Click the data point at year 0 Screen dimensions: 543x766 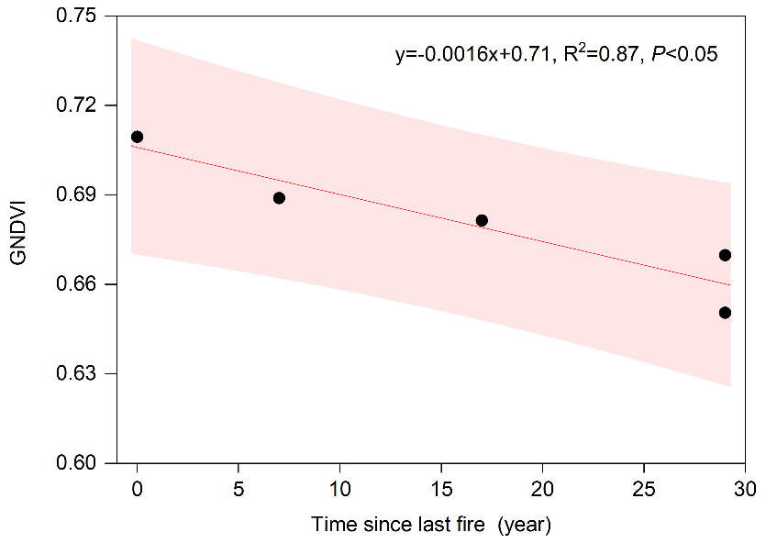point(137,137)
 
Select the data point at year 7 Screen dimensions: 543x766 point(279,198)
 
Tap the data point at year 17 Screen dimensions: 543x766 point(482,220)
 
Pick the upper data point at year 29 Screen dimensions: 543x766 point(725,255)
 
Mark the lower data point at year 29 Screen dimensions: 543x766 point(725,313)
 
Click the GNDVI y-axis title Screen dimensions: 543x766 point(19,239)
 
